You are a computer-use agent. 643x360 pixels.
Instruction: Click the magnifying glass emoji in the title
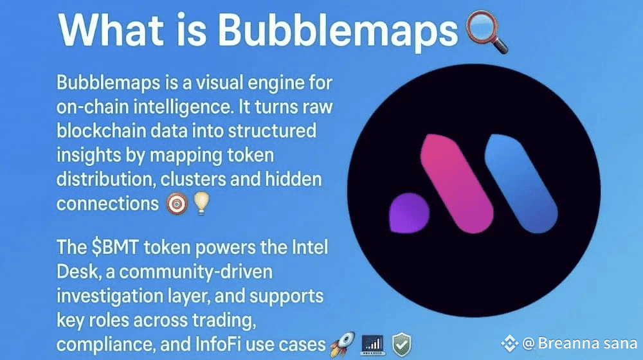(487, 32)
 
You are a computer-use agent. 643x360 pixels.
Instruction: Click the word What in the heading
(111, 30)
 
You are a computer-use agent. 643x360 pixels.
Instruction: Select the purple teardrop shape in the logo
(409, 213)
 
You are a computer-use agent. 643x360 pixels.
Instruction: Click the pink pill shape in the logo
(457, 183)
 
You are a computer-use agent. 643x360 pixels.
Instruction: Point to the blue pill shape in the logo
(521, 183)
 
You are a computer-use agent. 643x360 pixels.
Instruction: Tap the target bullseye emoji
(177, 204)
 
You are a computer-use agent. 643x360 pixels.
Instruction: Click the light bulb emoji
(201, 203)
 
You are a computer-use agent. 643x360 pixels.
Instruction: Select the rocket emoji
(343, 343)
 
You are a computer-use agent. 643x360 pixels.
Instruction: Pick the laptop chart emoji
(373, 345)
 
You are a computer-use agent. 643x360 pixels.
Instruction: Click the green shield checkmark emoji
(402, 345)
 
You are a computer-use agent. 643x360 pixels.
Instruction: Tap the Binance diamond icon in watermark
(510, 343)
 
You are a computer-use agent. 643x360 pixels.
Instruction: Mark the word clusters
(193, 179)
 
